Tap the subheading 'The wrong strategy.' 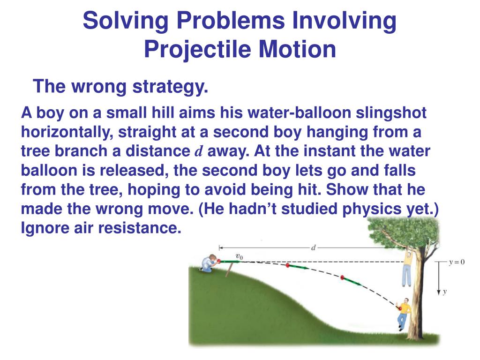120,87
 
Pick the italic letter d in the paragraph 198,151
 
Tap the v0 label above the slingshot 239,256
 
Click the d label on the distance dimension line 313,247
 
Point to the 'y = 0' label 455,262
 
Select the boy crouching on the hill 209,263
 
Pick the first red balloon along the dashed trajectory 288,266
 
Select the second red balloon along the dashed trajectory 343,278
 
